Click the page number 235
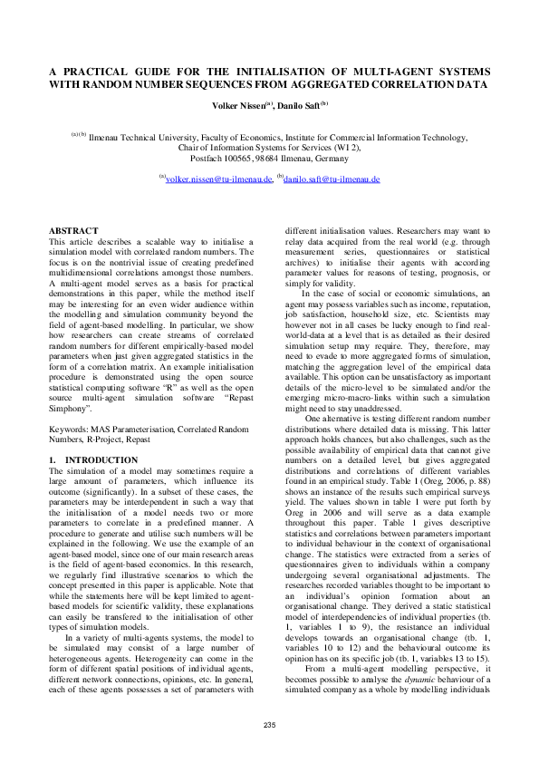click(269, 724)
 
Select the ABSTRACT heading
click(73, 232)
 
